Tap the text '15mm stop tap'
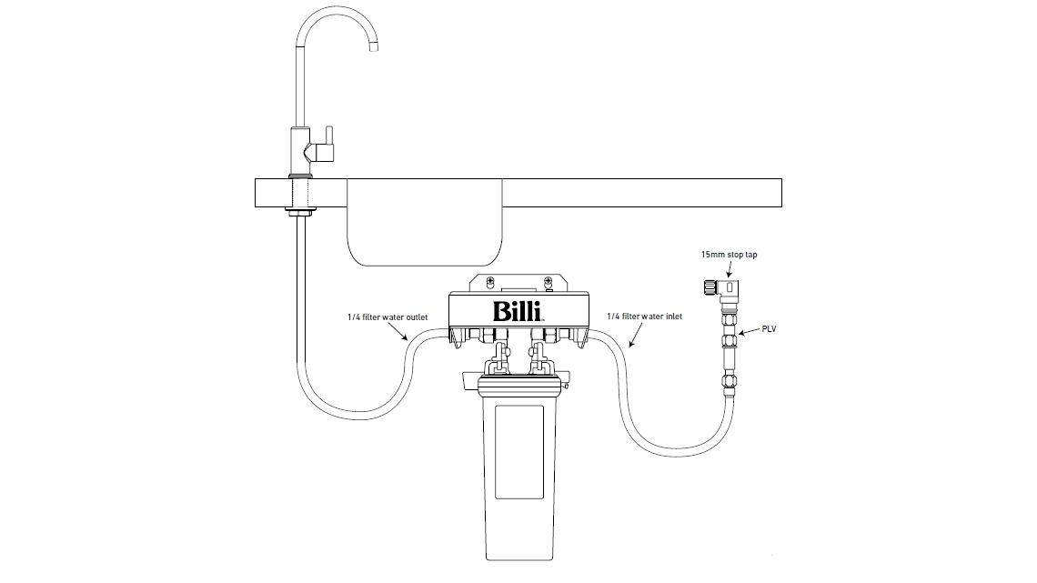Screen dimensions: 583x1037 730,256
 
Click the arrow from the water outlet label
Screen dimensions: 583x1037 397,333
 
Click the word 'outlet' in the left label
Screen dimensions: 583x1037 414,317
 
